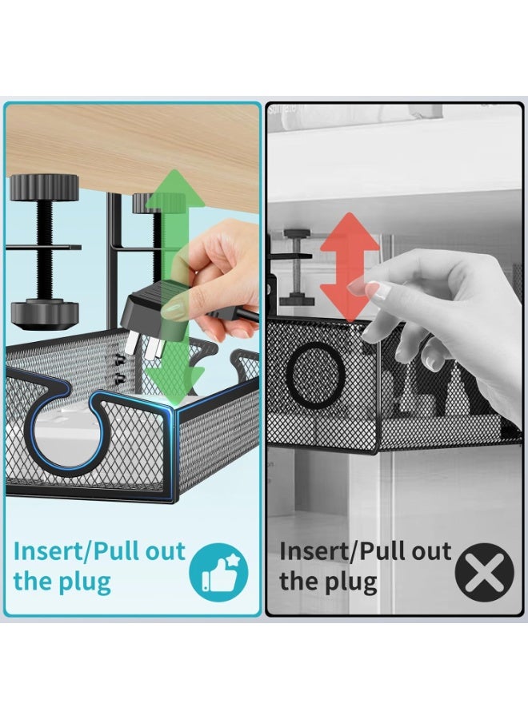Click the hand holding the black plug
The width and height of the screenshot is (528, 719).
tap(220, 272)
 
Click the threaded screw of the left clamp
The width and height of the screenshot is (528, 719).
tap(44, 248)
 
